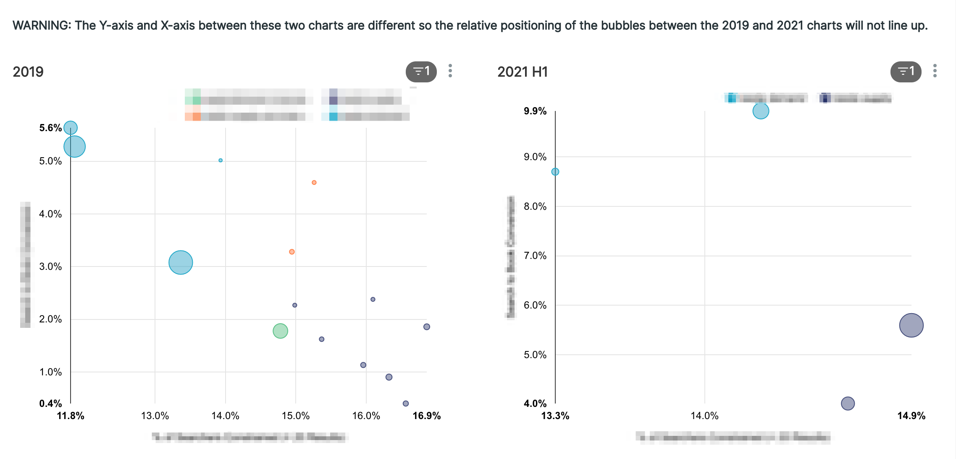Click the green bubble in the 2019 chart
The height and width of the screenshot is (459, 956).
point(280,331)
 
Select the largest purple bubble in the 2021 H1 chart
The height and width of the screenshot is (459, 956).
point(911,325)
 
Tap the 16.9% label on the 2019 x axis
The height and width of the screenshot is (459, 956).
point(427,416)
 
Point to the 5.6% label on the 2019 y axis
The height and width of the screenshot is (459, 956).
point(50,128)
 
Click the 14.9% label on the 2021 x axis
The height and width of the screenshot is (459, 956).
point(911,416)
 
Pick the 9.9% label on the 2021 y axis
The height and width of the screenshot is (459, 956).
point(535,111)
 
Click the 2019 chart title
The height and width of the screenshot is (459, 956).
point(28,72)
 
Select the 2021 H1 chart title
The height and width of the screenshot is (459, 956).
point(523,72)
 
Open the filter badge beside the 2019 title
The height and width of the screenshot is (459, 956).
point(421,71)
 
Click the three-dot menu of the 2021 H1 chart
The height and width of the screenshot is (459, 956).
point(935,71)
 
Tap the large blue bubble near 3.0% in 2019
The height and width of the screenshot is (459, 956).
point(181,262)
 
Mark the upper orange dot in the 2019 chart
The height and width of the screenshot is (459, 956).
point(314,182)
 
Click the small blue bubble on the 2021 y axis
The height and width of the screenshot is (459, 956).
point(555,171)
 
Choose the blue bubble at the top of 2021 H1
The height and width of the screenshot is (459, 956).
point(760,111)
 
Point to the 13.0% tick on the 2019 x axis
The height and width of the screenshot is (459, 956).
point(155,416)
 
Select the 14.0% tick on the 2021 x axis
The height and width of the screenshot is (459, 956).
point(704,416)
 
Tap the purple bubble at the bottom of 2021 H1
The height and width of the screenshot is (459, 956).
point(848,403)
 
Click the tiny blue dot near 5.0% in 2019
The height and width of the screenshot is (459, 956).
point(221,160)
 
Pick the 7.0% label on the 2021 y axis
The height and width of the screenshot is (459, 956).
point(535,256)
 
